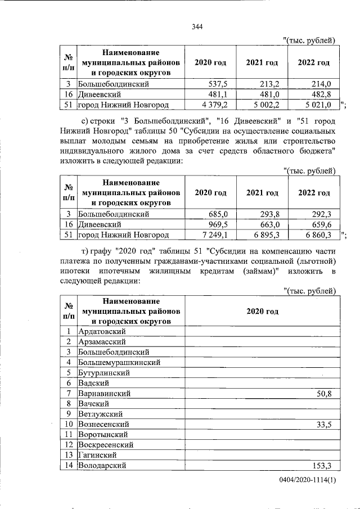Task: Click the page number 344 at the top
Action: coord(196,27)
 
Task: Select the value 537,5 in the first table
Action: coord(217,84)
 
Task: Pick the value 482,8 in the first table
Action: coord(321,94)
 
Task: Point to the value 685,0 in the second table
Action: coord(217,214)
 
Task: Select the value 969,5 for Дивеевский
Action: coord(217,224)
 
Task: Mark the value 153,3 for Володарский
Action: coord(321,466)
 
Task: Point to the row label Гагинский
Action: coord(99,455)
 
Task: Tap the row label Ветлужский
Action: coord(101,414)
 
